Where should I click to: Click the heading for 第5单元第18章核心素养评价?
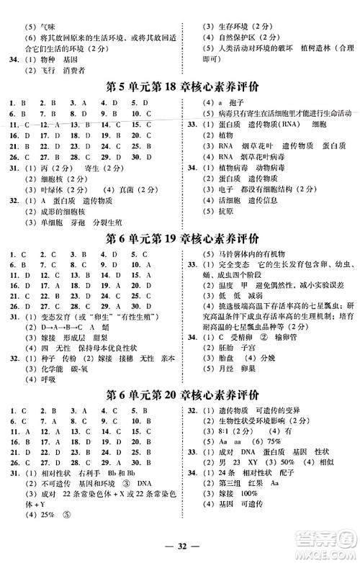pos(179,89)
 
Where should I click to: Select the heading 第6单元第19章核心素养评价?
pos(179,239)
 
